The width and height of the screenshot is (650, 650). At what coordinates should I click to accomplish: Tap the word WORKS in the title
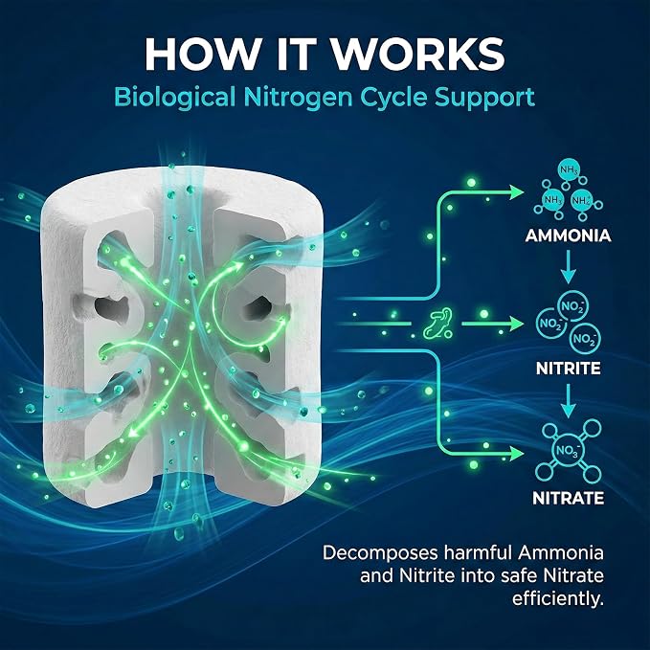[418, 55]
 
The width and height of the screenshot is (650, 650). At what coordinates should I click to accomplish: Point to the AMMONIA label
[568, 235]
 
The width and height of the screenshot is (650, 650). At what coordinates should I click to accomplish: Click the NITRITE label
[568, 369]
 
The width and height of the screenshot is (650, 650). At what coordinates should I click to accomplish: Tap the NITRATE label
[568, 498]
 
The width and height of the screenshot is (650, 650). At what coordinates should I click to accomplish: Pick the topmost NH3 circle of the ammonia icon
[570, 169]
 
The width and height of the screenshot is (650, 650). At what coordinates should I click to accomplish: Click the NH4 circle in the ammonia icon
[582, 201]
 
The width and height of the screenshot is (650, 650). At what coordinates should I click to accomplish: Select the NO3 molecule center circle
[568, 450]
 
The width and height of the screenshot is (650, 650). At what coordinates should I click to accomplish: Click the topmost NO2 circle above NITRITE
[573, 306]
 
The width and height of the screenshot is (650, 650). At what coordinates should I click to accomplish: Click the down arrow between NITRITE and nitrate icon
[569, 400]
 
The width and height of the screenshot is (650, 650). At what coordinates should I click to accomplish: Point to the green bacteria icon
[437, 324]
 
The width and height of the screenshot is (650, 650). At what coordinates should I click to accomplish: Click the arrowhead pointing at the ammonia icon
[517, 191]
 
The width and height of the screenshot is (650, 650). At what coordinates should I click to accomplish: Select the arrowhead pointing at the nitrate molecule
[517, 454]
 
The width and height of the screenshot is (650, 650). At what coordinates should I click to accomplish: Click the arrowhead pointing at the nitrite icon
[517, 324]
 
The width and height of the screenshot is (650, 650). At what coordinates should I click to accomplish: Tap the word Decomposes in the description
[380, 553]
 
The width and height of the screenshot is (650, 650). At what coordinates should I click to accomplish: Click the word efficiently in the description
[557, 598]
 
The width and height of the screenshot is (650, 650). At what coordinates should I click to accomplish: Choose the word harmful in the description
[477, 552]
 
